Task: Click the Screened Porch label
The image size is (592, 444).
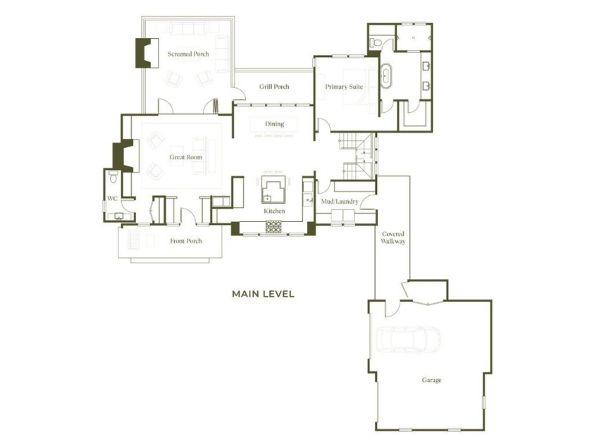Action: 188,54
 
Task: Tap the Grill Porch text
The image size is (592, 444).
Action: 274,87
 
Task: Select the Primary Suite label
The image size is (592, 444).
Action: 344,87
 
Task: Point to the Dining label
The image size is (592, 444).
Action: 274,124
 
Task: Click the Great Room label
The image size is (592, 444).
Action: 186,157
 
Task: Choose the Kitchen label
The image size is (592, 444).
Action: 274,211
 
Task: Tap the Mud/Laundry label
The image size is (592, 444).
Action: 340,202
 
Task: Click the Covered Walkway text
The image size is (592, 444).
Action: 393,238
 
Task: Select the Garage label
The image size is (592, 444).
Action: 431,380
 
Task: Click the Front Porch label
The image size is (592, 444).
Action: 186,241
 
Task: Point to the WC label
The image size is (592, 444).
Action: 112,199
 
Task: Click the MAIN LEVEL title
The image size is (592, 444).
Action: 263,294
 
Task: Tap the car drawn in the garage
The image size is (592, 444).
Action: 408,340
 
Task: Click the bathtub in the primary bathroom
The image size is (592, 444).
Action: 386,76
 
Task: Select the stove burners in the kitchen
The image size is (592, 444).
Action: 273,226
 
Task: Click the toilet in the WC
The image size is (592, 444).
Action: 113,176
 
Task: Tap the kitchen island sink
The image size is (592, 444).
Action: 267,198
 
